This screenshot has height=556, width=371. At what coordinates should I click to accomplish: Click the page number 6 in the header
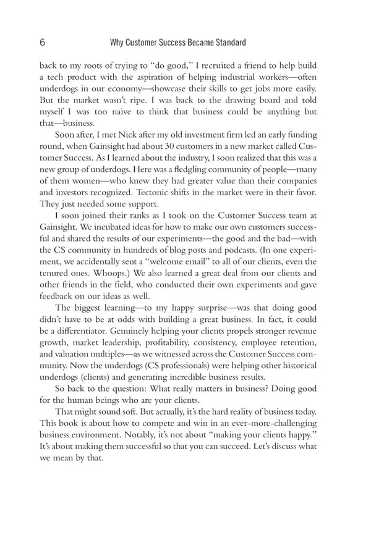click(42, 43)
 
